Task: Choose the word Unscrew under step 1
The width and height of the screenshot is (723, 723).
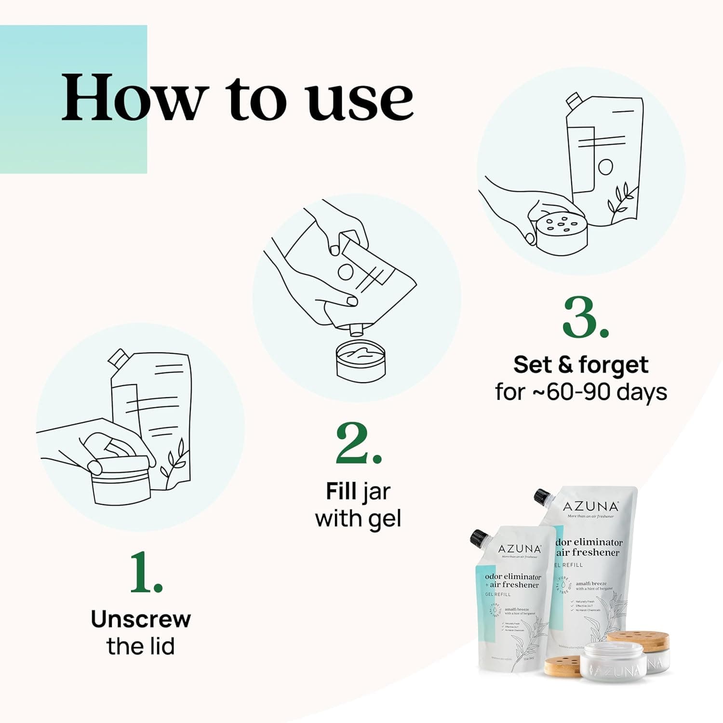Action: click(141, 619)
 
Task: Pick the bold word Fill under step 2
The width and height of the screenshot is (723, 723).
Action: click(341, 492)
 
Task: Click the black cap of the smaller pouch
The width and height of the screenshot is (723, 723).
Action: click(480, 536)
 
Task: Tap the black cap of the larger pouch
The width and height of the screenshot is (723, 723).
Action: click(542, 497)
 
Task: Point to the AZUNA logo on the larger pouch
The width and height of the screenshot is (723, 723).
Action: click(590, 506)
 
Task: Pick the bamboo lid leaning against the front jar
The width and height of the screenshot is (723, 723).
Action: click(562, 666)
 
